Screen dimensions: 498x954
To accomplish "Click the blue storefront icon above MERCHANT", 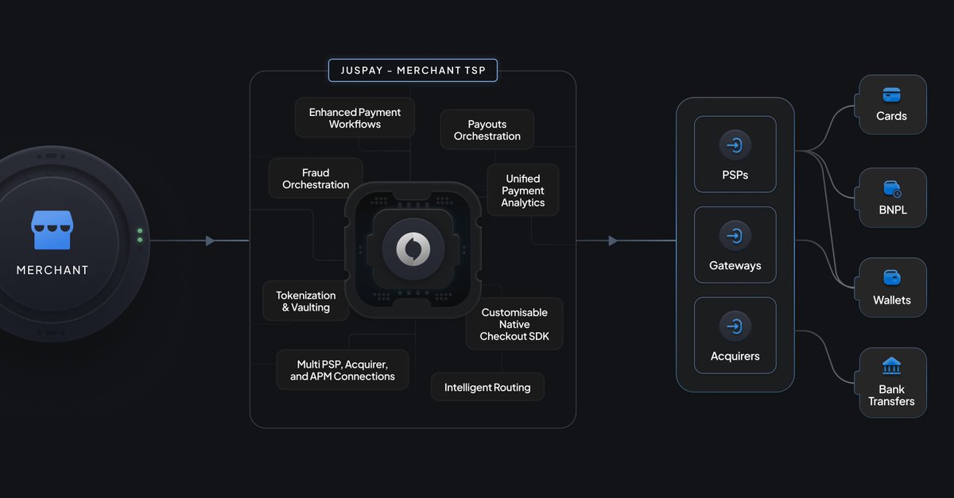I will (52, 230).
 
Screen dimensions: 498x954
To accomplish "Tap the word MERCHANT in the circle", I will (52, 270).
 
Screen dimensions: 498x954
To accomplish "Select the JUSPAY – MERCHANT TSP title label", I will (413, 70).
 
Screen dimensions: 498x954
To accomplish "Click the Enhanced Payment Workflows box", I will (355, 118).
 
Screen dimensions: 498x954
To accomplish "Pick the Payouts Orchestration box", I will (487, 130).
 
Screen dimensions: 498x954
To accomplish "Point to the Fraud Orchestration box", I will (316, 179).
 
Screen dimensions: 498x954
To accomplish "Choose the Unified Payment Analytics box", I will (522, 191).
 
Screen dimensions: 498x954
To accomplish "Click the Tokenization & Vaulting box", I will (306, 301).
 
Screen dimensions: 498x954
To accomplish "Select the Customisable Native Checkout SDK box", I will (514, 324).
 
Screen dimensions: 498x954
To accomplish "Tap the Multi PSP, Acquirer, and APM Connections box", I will (342, 370).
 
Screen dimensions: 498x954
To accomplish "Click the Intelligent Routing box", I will (487, 388).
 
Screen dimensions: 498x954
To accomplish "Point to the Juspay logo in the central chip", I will (413, 249).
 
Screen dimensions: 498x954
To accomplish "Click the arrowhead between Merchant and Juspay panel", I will (210, 241).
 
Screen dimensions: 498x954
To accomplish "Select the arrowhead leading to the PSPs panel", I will (613, 241).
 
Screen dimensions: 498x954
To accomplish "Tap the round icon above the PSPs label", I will (735, 145).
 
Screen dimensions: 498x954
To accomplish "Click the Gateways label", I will (735, 265).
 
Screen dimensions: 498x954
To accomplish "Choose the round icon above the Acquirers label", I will (735, 326).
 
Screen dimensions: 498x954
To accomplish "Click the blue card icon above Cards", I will (891, 95).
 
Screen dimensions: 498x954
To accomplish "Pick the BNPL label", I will (891, 210).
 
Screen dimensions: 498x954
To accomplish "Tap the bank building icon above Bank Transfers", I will (891, 366).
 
